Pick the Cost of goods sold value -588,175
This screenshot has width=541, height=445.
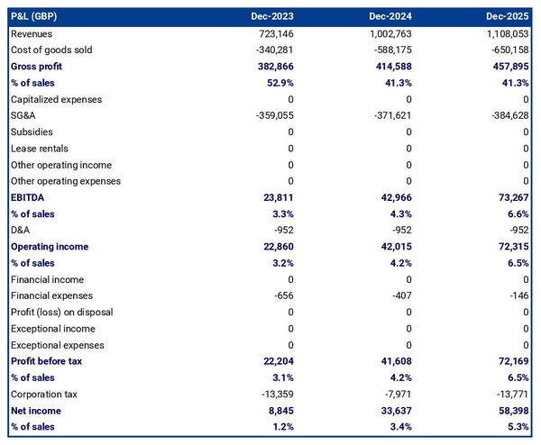[x=390, y=50]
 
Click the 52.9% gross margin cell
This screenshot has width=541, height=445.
[x=279, y=83]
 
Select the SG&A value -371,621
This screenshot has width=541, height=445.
[x=390, y=116]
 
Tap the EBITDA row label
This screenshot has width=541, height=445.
[x=29, y=197]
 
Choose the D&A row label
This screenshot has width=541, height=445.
[x=21, y=231]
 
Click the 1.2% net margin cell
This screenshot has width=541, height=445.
[x=282, y=427]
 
